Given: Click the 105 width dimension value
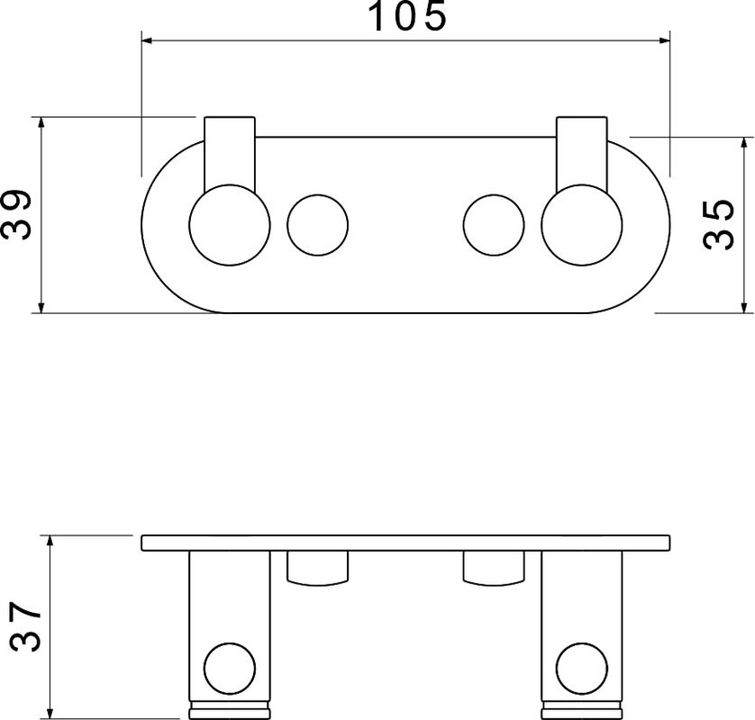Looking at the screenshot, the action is click(407, 17).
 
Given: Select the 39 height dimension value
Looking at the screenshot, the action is click(16, 214).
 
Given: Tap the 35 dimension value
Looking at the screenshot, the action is click(718, 225).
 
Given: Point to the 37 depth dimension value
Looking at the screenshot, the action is click(25, 626).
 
